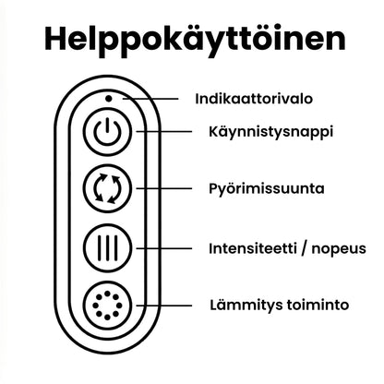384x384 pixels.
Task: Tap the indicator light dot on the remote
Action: (x=108, y=99)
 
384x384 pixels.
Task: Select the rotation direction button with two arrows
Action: (x=107, y=188)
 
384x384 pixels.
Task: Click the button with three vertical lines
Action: (x=107, y=248)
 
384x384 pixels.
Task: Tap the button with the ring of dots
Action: (x=107, y=306)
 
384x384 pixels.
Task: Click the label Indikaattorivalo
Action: (x=254, y=99)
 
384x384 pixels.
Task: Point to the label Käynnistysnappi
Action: (x=271, y=133)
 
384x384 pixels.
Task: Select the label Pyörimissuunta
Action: (x=267, y=189)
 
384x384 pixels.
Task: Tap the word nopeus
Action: (x=339, y=249)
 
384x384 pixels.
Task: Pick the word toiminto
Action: (x=318, y=305)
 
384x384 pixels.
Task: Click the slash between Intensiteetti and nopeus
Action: (x=305, y=248)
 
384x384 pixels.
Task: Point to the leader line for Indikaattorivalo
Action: (x=150, y=99)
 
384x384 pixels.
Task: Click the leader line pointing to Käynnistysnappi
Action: (x=164, y=132)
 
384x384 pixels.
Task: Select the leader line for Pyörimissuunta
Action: (x=164, y=188)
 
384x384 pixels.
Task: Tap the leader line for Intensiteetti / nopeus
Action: (x=164, y=248)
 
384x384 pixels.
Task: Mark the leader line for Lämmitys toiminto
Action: (x=164, y=306)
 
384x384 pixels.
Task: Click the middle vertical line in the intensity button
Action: (x=107, y=248)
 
